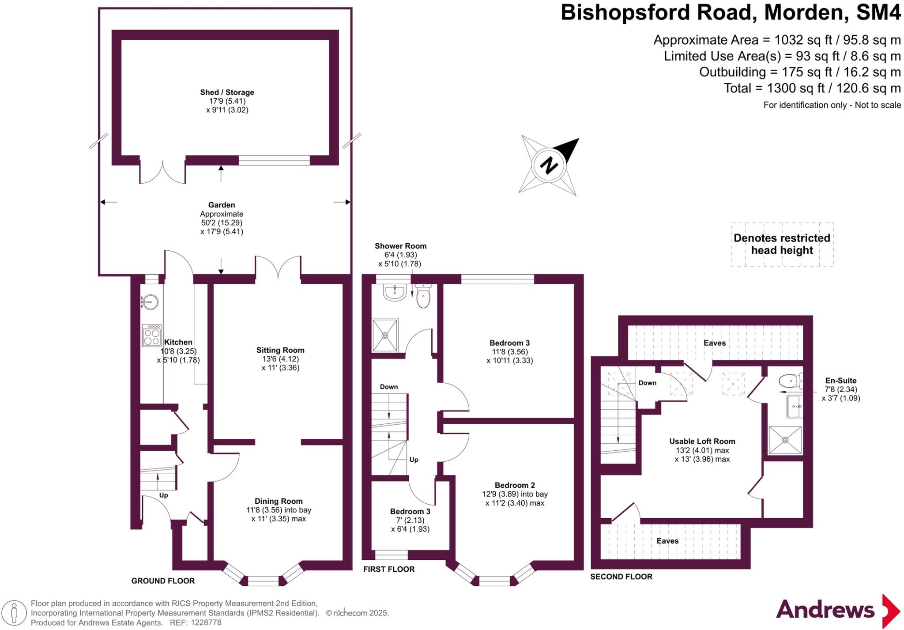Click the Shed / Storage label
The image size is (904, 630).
(227, 92)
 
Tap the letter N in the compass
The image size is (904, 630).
(549, 166)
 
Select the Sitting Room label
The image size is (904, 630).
(280, 350)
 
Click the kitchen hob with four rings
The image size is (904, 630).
(151, 336)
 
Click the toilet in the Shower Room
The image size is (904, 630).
(423, 297)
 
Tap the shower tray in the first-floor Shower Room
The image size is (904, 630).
(385, 335)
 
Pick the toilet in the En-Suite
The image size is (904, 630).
(790, 381)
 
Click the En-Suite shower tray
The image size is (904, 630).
(785, 440)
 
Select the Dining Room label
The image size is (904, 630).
(279, 501)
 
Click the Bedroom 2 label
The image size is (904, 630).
(515, 485)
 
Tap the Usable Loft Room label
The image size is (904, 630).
(702, 441)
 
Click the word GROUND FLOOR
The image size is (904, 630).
(163, 581)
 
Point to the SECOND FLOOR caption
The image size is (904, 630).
(621, 577)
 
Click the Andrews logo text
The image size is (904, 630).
(825, 610)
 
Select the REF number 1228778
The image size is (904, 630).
(206, 623)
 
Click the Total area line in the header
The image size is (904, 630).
(812, 88)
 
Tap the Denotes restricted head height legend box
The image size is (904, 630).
(782, 244)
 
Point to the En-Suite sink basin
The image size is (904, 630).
(795, 406)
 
